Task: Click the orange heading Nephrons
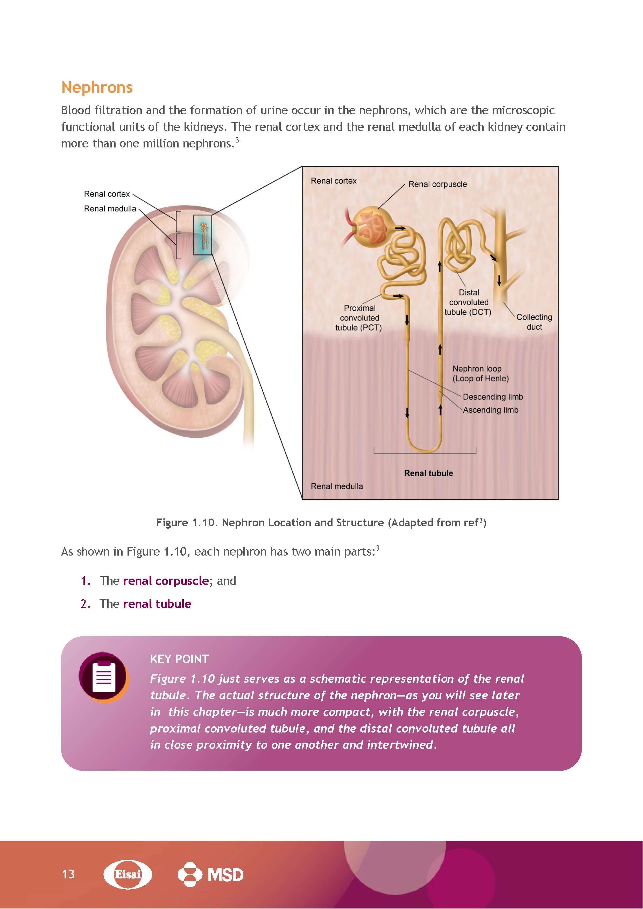click(97, 88)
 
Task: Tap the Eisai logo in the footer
click(128, 874)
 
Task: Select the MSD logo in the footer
click(211, 874)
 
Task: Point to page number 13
click(68, 874)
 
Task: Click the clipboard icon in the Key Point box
click(104, 677)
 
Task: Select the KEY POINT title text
click(179, 659)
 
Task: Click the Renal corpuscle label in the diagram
click(437, 184)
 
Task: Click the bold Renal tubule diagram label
click(428, 473)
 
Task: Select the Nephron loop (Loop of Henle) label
click(480, 373)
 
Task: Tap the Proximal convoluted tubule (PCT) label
click(359, 318)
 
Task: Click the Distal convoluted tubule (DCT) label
click(468, 302)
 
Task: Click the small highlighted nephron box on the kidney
click(203, 235)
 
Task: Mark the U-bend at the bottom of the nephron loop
click(424, 447)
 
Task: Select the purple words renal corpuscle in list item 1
click(166, 581)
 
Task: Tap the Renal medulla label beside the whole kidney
click(110, 209)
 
